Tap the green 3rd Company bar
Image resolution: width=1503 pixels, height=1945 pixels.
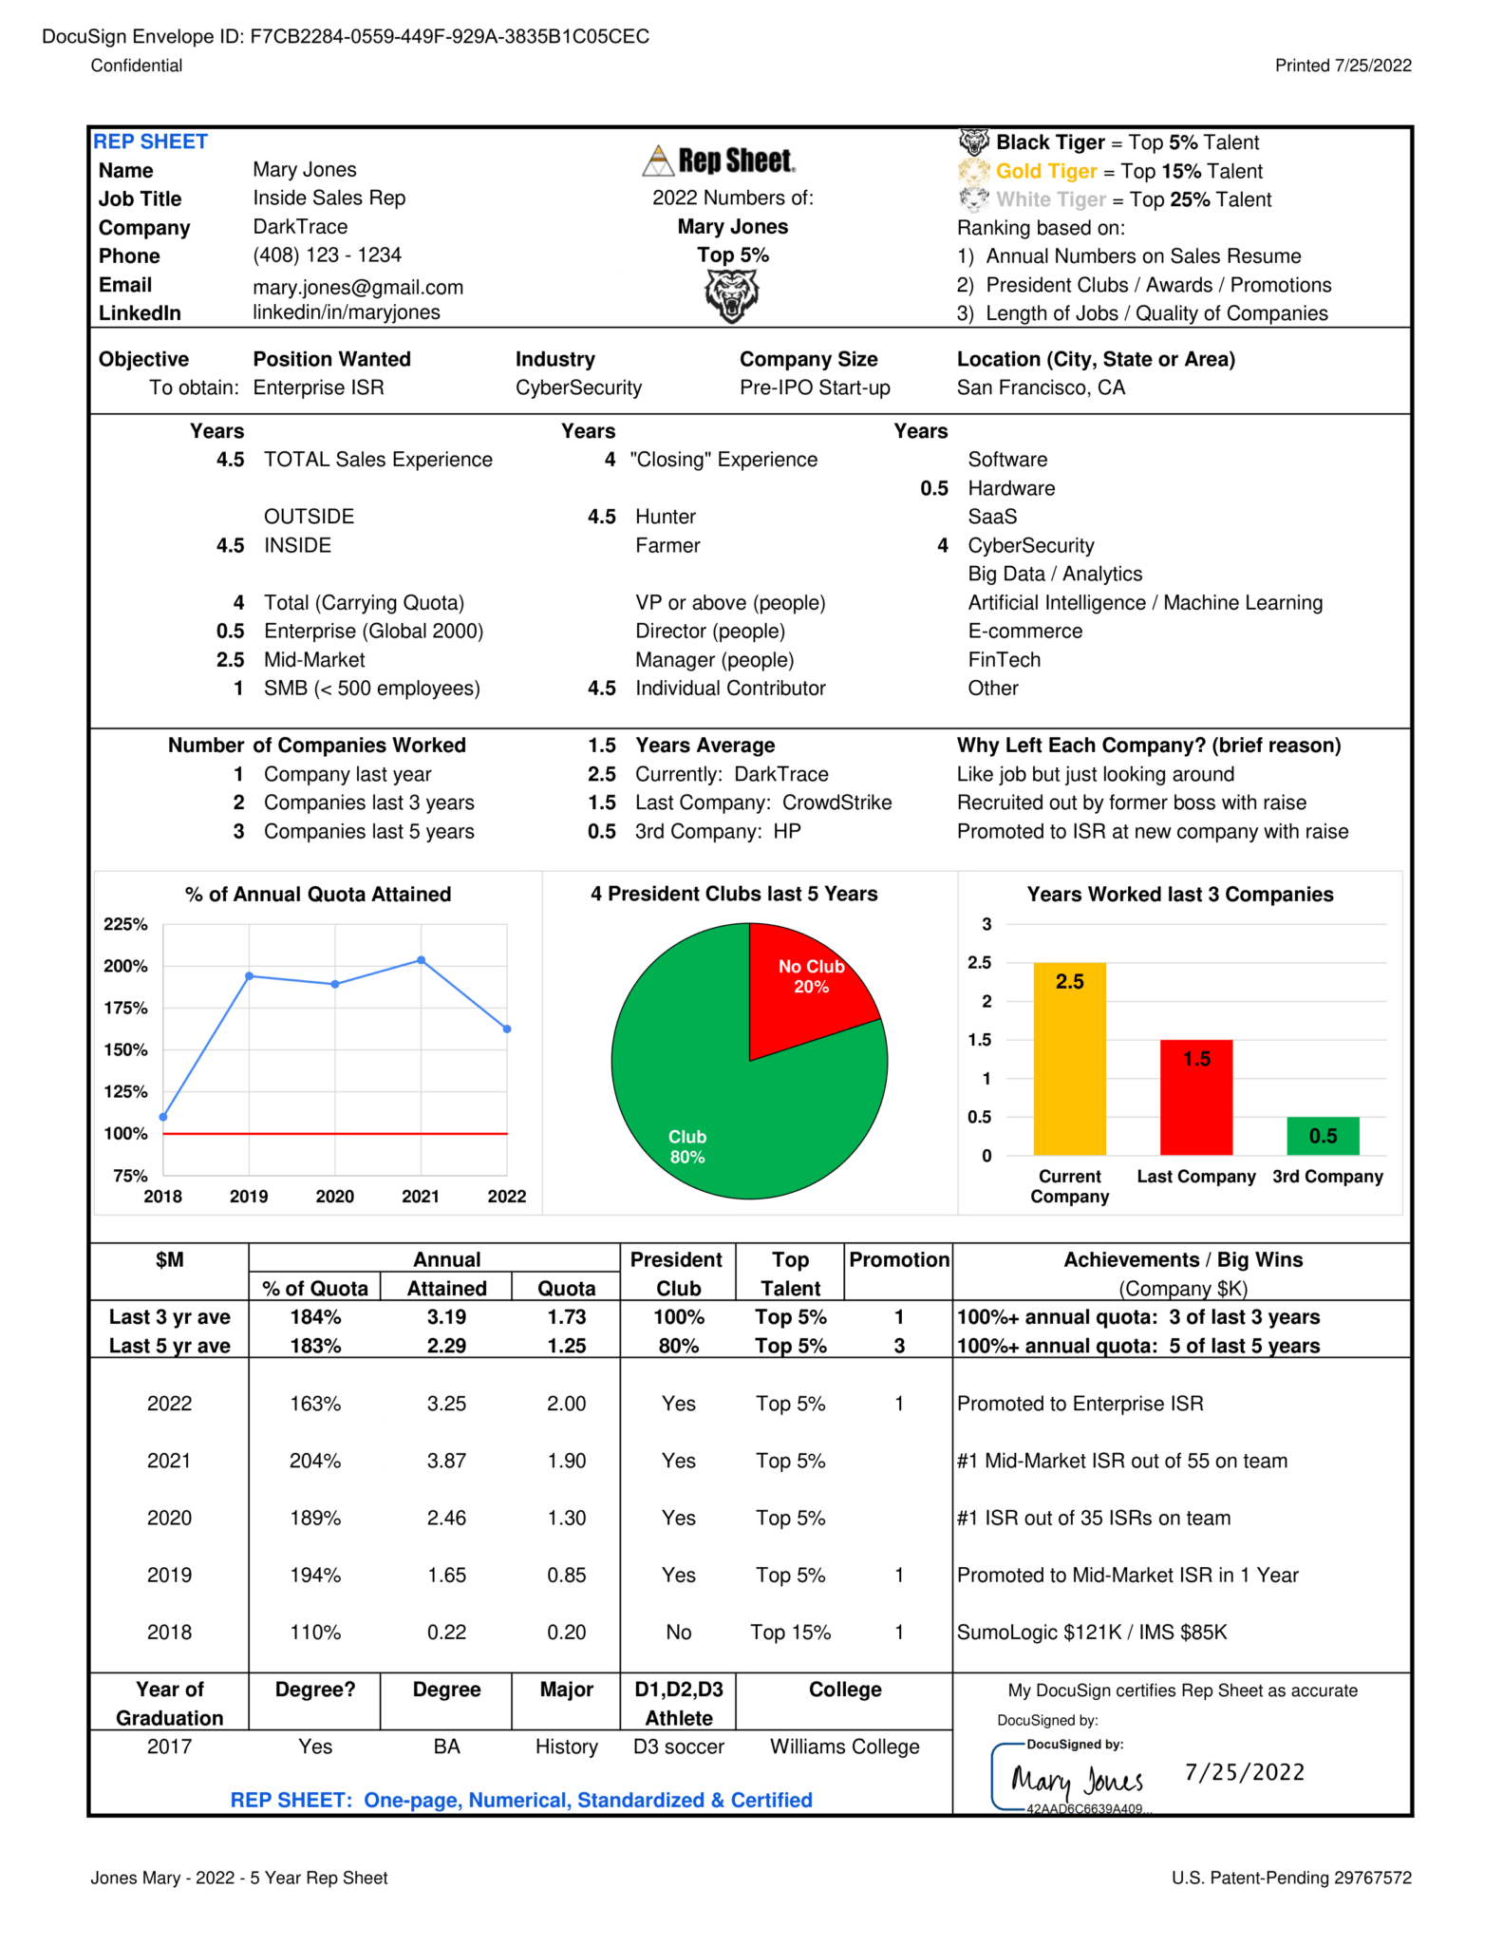click(1323, 1136)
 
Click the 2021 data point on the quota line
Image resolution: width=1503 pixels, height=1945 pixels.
click(421, 960)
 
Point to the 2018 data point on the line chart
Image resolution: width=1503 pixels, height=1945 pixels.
click(163, 1117)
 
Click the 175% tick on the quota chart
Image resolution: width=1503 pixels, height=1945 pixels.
click(125, 1008)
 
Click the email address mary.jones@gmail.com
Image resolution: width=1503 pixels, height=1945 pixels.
click(358, 287)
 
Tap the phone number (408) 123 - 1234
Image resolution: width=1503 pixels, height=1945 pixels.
click(327, 255)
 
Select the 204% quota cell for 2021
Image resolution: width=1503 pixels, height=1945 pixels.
click(315, 1461)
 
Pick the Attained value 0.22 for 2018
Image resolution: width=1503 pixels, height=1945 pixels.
click(446, 1632)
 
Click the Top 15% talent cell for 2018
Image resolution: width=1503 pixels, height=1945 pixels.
click(790, 1632)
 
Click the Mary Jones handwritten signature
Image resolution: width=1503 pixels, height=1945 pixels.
click(1077, 1780)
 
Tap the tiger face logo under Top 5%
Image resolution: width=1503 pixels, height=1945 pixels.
click(732, 295)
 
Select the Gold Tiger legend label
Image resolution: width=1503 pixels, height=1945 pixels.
click(1045, 171)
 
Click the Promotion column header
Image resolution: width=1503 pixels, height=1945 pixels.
click(898, 1259)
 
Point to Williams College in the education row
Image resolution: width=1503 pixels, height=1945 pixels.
click(844, 1747)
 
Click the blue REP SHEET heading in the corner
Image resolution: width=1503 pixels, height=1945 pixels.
click(150, 142)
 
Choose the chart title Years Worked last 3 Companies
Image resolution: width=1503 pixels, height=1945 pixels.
click(1179, 894)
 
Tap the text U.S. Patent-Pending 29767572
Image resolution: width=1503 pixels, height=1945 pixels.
click(1291, 1878)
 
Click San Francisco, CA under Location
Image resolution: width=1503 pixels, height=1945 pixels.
click(1041, 387)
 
